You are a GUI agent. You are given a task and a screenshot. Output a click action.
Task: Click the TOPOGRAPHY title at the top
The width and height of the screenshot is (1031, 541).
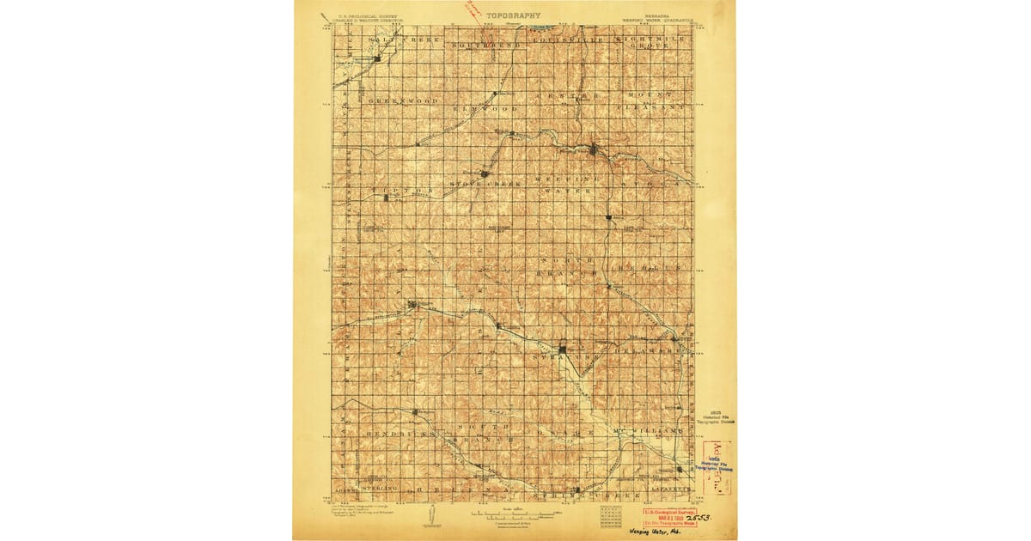[514, 15]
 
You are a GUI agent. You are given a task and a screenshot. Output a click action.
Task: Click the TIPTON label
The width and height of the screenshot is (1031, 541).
[394, 190]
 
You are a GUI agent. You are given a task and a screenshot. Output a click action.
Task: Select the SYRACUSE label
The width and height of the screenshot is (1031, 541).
[563, 356]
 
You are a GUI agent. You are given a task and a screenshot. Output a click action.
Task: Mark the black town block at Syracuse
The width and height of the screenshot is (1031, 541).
[563, 349]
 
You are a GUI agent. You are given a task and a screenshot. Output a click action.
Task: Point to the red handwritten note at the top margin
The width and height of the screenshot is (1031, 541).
[471, 9]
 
